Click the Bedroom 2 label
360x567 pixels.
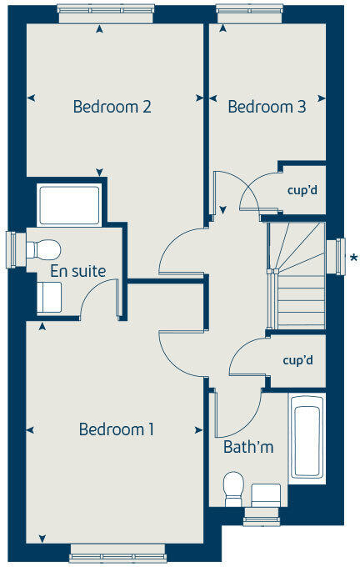click(x=112, y=107)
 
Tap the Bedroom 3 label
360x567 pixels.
click(x=267, y=107)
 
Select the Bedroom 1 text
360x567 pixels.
click(x=117, y=429)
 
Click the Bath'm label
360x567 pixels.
click(x=248, y=448)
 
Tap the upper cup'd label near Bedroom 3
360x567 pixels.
click(x=302, y=190)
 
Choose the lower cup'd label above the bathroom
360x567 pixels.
click(x=297, y=361)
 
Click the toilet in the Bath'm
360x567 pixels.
click(x=234, y=488)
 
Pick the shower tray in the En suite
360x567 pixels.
click(x=69, y=205)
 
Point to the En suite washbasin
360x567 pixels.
click(x=48, y=297)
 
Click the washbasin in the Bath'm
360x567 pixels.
click(x=267, y=494)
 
